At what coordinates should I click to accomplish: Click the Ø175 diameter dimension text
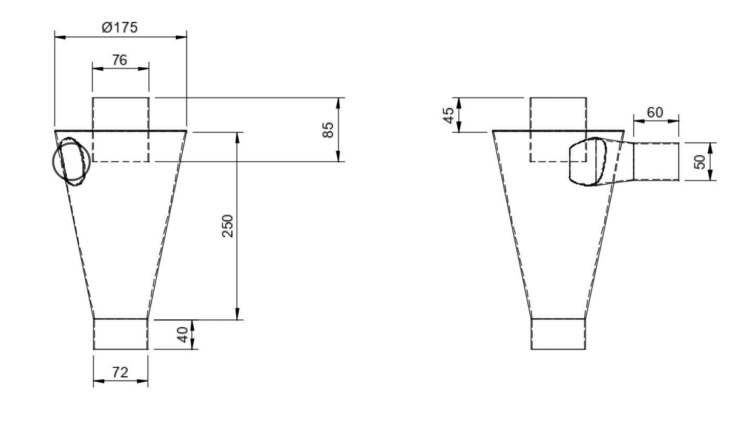pyautogui.click(x=120, y=27)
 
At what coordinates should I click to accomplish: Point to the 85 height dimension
pyautogui.click(x=328, y=130)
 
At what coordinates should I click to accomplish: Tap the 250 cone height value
pyautogui.click(x=228, y=225)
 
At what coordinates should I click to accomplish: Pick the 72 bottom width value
pyautogui.click(x=120, y=373)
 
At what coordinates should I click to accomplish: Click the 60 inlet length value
pyautogui.click(x=655, y=112)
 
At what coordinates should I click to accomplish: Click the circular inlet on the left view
pyautogui.click(x=71, y=162)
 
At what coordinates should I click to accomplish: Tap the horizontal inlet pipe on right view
pyautogui.click(x=656, y=161)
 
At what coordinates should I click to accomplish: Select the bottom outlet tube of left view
pyautogui.click(x=120, y=334)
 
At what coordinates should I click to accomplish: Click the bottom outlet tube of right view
pyautogui.click(x=558, y=334)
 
